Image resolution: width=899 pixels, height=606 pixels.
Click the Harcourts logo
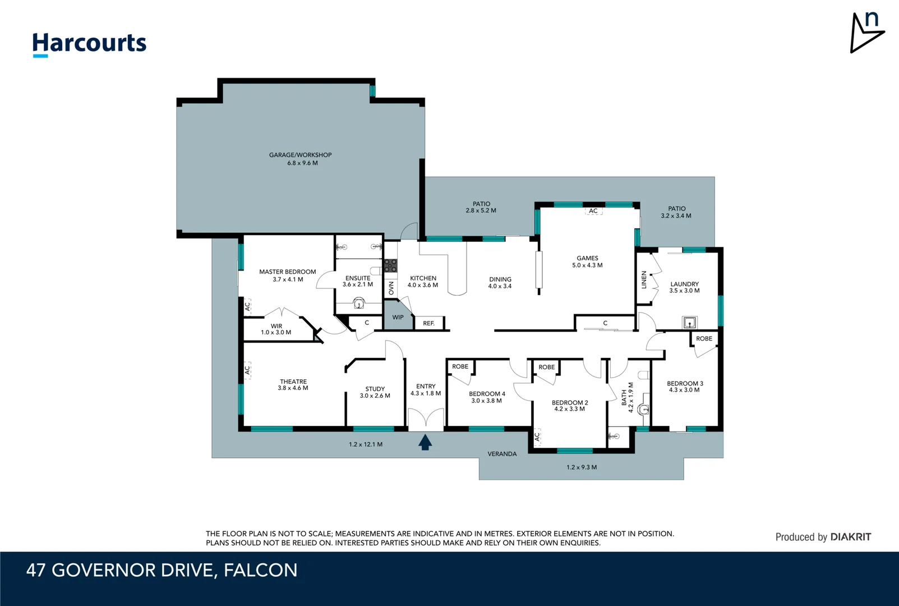(89, 44)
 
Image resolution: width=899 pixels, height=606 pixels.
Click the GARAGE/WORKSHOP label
(300, 155)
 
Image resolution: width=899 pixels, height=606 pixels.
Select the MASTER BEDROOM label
(287, 272)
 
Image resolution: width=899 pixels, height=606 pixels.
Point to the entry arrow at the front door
(425, 442)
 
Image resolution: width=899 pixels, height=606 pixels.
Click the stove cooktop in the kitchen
(390, 265)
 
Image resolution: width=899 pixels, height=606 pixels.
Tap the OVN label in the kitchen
(391, 288)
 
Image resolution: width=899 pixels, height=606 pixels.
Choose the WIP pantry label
(398, 317)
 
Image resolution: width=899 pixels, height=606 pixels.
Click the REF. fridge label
(428, 323)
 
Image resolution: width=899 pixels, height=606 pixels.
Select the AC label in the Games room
(593, 211)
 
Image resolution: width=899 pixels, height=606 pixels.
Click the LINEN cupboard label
(644, 280)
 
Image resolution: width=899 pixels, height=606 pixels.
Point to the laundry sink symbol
(689, 322)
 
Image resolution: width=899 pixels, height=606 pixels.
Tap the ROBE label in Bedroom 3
(704, 338)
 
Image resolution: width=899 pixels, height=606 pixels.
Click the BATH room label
(624, 398)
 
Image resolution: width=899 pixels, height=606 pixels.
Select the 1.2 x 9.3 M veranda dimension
(582, 467)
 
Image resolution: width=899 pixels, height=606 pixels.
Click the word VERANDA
(502, 454)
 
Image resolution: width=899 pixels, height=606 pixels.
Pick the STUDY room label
(375, 389)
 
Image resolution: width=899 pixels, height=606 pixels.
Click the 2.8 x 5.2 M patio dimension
(481, 210)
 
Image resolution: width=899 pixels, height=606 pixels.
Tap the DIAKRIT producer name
(850, 537)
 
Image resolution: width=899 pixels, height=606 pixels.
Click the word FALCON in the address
(260, 570)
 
